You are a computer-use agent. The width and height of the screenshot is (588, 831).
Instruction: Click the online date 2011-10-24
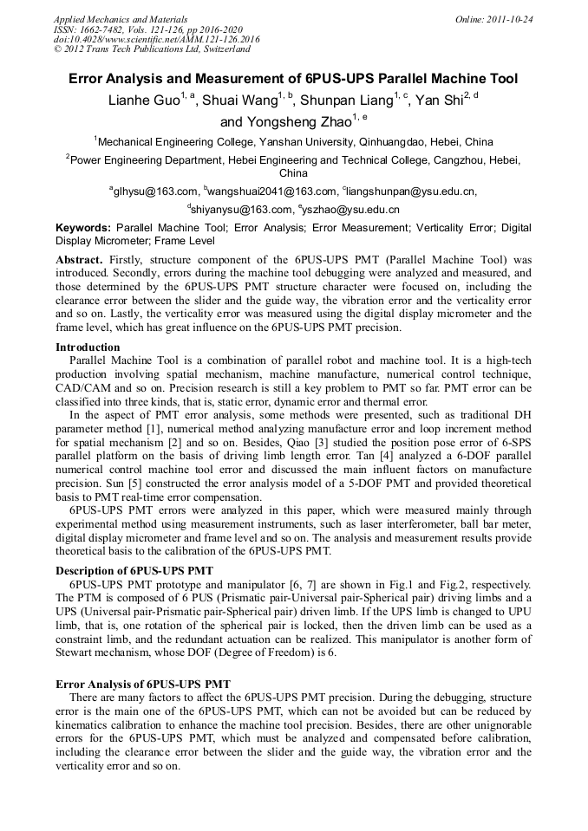click(x=509, y=19)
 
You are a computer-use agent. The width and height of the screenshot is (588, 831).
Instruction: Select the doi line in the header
click(x=156, y=39)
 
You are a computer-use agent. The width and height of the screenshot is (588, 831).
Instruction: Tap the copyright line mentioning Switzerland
click(x=151, y=49)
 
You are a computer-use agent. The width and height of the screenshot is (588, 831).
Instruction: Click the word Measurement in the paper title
click(x=256, y=79)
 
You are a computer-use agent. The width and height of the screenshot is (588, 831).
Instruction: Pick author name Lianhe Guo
click(x=142, y=101)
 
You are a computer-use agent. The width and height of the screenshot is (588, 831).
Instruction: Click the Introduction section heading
click(x=88, y=347)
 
